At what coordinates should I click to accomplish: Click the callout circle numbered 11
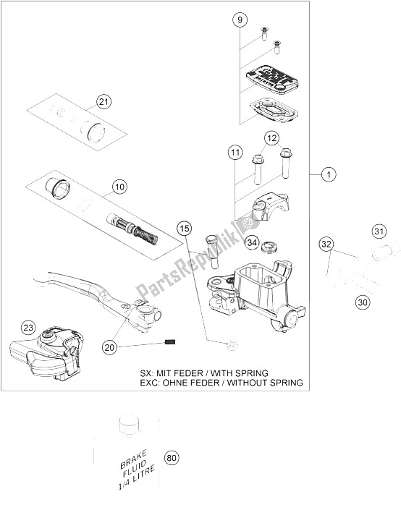coord(235,152)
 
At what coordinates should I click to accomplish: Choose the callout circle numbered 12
coord(271,137)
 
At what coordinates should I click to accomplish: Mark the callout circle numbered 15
coord(185,229)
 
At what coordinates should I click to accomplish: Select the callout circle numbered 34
coord(251,242)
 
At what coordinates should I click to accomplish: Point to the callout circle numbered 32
coord(327,246)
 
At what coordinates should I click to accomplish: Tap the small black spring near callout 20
coord(171,342)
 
